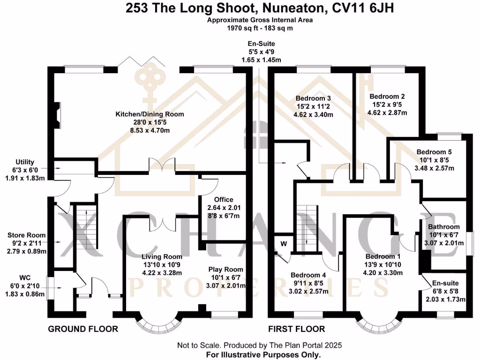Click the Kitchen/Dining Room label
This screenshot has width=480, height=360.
pos(150,114)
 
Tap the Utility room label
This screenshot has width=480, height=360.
pos(25,162)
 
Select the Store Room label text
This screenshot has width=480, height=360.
pos(26,235)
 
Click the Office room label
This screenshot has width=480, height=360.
pos(223,200)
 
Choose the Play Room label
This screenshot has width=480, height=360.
pos(226,269)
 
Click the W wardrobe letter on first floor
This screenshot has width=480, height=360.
pos(284,243)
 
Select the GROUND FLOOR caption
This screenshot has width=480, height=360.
pos(83,329)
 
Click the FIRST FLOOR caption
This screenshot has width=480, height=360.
pos(296,329)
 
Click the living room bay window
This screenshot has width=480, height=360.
pos(161,322)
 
